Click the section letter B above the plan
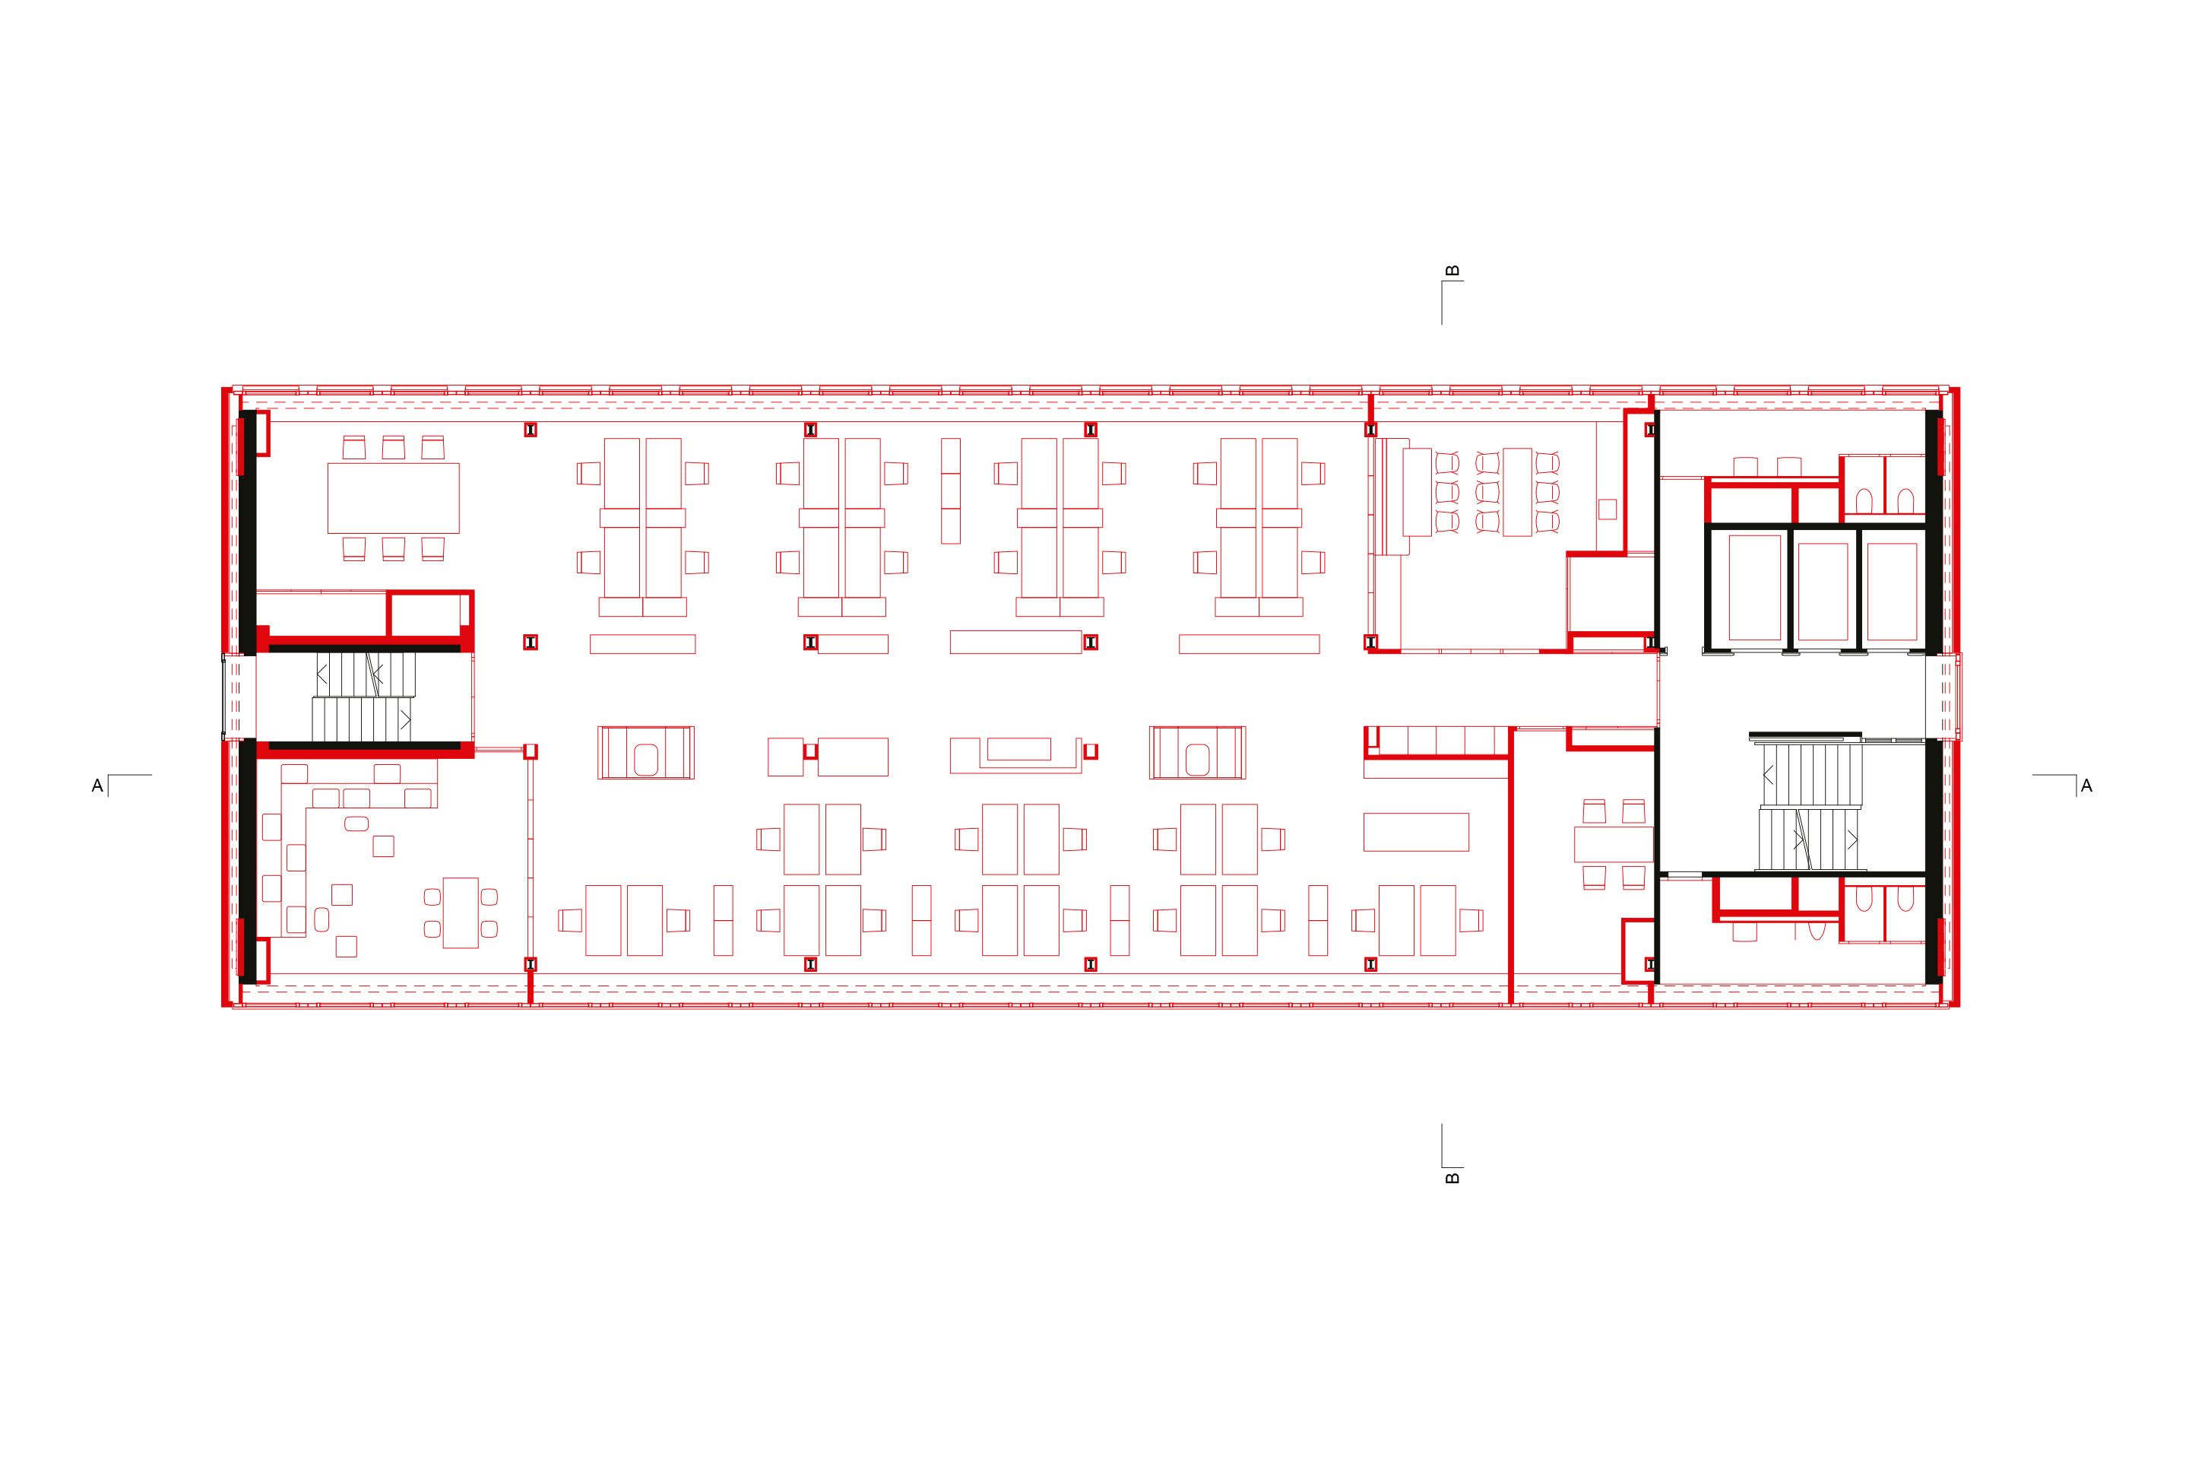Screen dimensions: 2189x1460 pos(1452,271)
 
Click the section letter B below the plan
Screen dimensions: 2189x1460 pos(1452,1179)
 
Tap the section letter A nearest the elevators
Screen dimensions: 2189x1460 pos(2086,786)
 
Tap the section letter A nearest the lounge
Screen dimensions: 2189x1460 pos(97,786)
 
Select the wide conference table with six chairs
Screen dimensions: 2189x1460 pos(393,498)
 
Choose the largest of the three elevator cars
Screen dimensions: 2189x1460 pos(1754,586)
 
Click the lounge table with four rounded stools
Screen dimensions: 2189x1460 pos(461,912)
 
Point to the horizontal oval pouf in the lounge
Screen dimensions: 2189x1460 pos(356,823)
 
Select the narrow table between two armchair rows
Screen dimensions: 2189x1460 pos(1517,492)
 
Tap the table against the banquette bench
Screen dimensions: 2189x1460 pos(1417,492)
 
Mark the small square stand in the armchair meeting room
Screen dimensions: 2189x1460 pos(1608,509)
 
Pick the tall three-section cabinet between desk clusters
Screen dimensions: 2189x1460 pos(950,490)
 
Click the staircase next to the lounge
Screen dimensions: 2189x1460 pos(363,697)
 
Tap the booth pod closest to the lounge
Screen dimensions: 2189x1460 pos(646,752)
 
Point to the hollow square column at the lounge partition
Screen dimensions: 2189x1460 pos(531,751)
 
